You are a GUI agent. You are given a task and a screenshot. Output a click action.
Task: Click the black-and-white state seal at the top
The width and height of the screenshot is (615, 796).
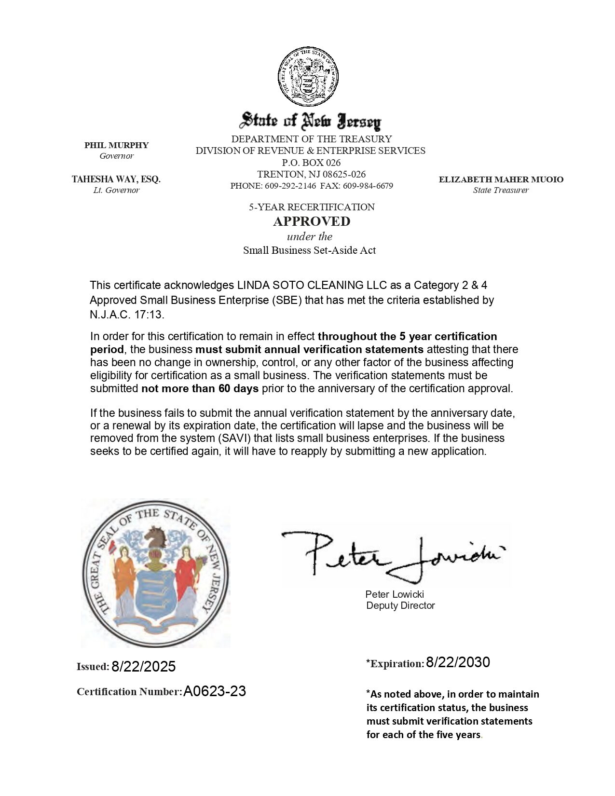[308, 77]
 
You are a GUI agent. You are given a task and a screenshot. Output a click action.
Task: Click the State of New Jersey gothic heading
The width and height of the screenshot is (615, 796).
[311, 121]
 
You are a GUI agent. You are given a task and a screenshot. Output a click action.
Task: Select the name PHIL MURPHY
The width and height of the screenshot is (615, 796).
[116, 145]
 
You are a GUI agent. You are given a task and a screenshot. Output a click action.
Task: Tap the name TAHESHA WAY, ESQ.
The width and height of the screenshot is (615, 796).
[116, 179]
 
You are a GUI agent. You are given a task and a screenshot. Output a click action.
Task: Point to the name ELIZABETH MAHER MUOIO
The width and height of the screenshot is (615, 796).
[501, 179]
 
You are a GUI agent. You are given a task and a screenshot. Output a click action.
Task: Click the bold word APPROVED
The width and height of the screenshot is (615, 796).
[312, 221]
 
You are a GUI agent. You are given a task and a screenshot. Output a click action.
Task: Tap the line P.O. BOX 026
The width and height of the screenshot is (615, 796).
[311, 163]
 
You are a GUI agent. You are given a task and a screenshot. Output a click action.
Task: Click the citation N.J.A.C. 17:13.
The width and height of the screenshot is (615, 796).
[127, 315]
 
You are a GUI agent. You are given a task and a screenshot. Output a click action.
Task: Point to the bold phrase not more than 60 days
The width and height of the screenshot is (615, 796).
[200, 388]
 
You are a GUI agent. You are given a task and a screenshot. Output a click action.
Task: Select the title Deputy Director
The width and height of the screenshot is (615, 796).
[400, 605]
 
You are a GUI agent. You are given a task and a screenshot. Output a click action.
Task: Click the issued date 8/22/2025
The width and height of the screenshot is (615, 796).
[143, 667]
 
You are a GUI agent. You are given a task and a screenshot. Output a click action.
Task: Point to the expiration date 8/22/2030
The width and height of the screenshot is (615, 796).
[458, 662]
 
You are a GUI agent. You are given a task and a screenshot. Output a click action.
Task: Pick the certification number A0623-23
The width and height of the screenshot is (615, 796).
[215, 691]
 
